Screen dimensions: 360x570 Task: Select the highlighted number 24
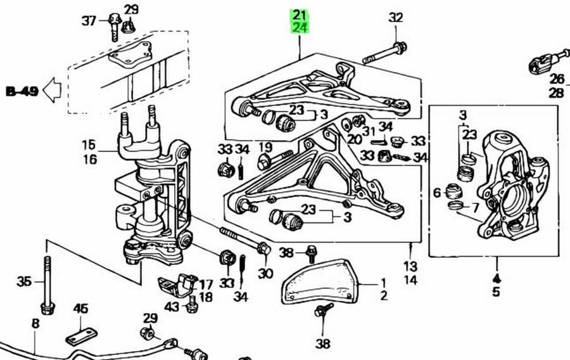click(x=299, y=27)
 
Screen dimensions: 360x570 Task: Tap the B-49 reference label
click(x=22, y=91)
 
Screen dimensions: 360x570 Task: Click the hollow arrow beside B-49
click(x=53, y=91)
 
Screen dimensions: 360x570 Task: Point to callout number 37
click(x=89, y=21)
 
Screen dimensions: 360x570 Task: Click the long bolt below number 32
click(x=384, y=53)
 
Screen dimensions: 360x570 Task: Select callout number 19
click(x=265, y=147)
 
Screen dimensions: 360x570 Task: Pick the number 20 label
click(x=353, y=139)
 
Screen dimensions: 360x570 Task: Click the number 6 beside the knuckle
click(x=436, y=192)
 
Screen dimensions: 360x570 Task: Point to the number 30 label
click(x=265, y=273)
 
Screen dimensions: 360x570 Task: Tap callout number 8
click(x=35, y=324)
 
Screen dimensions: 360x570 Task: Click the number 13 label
click(x=410, y=266)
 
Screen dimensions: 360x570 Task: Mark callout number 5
click(x=496, y=292)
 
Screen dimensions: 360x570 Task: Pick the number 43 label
click(x=172, y=307)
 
